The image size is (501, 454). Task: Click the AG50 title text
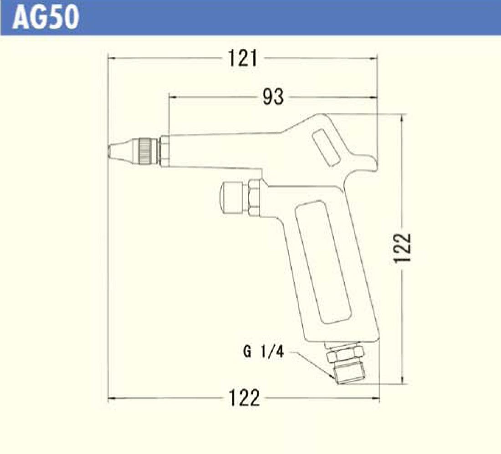coord(46,18)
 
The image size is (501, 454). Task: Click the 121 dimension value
coord(243,59)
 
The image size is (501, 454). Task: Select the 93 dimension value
coord(273,97)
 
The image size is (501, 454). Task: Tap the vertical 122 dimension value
coord(402,248)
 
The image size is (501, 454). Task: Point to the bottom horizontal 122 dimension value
coord(245,398)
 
